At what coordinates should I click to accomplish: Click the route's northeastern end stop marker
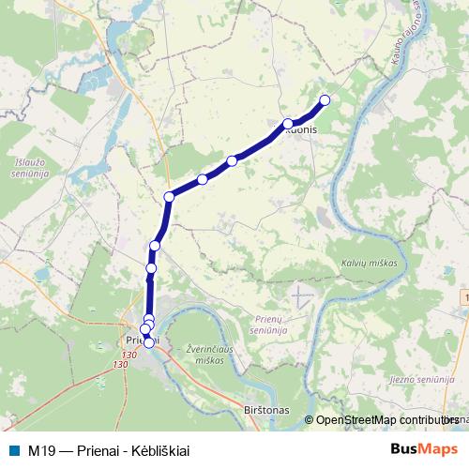point(325,100)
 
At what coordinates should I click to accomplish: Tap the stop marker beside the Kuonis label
point(288,123)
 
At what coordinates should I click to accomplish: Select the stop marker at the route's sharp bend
point(170,196)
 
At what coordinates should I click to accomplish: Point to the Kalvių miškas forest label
point(369,264)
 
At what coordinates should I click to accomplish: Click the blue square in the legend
point(13,449)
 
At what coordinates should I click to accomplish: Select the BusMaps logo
point(424,448)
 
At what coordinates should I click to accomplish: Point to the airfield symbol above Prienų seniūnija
point(300,295)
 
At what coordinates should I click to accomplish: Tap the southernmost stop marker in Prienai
point(149,342)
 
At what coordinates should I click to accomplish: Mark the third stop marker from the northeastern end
point(232,160)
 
